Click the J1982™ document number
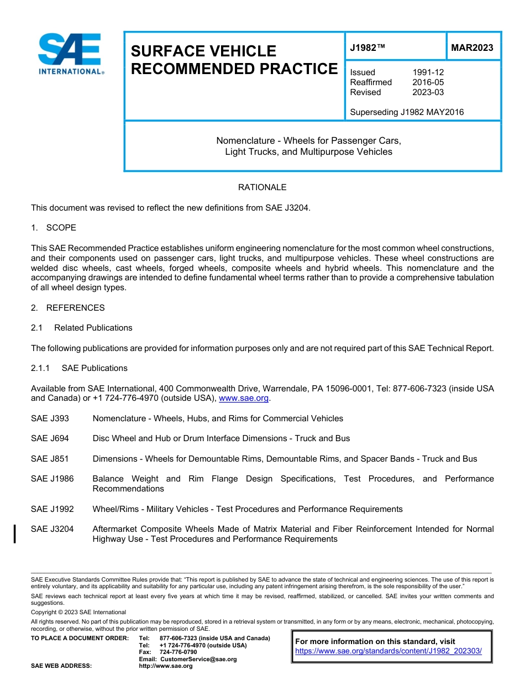[368, 48]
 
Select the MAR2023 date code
[472, 48]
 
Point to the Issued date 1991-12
[428, 72]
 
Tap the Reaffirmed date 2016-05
[428, 82]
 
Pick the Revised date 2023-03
[428, 92]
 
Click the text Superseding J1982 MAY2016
[407, 112]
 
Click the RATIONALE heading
[262, 187]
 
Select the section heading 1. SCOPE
[54, 228]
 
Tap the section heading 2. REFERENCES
[67, 308]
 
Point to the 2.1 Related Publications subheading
[82, 328]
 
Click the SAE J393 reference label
[50, 419]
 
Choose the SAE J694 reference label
[50, 438]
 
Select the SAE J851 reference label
[50, 459]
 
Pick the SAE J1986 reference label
[52, 479]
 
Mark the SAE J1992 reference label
[52, 509]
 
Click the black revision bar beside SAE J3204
[15, 534]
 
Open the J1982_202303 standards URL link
[389, 651]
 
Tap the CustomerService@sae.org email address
[198, 659]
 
